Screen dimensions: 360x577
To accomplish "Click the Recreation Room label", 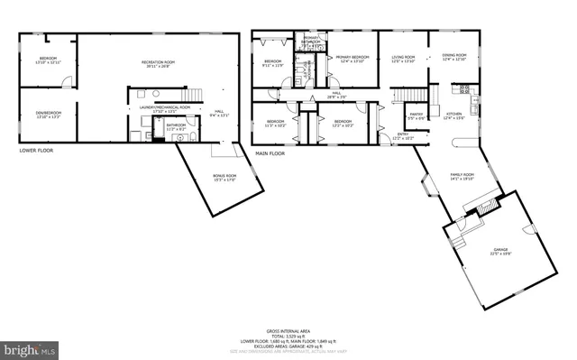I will (x=158, y=63).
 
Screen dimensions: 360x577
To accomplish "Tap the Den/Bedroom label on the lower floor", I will (x=47, y=115).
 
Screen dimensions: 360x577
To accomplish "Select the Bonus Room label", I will (x=224, y=179).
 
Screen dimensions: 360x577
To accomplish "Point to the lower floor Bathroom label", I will (x=175, y=127).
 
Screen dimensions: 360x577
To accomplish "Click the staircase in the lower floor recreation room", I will (x=193, y=96).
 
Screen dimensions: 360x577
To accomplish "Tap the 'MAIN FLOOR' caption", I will (x=270, y=153).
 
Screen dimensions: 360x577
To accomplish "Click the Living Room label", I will (x=402, y=59).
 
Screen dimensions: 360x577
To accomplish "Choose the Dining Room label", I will (x=454, y=58).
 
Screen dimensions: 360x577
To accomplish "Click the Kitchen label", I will (x=454, y=115).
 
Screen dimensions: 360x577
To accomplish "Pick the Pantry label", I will (x=416, y=115).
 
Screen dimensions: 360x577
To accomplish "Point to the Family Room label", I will (x=461, y=177).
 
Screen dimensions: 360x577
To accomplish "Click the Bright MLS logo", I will (x=29, y=346).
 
